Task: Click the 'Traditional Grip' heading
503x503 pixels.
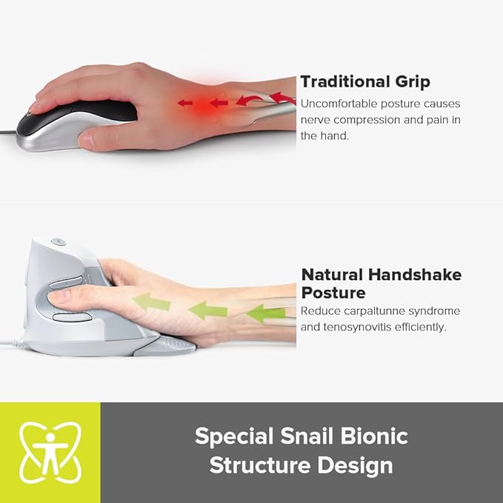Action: point(365,81)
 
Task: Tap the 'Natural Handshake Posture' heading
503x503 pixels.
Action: point(381,283)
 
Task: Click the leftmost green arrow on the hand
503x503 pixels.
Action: point(151,302)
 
